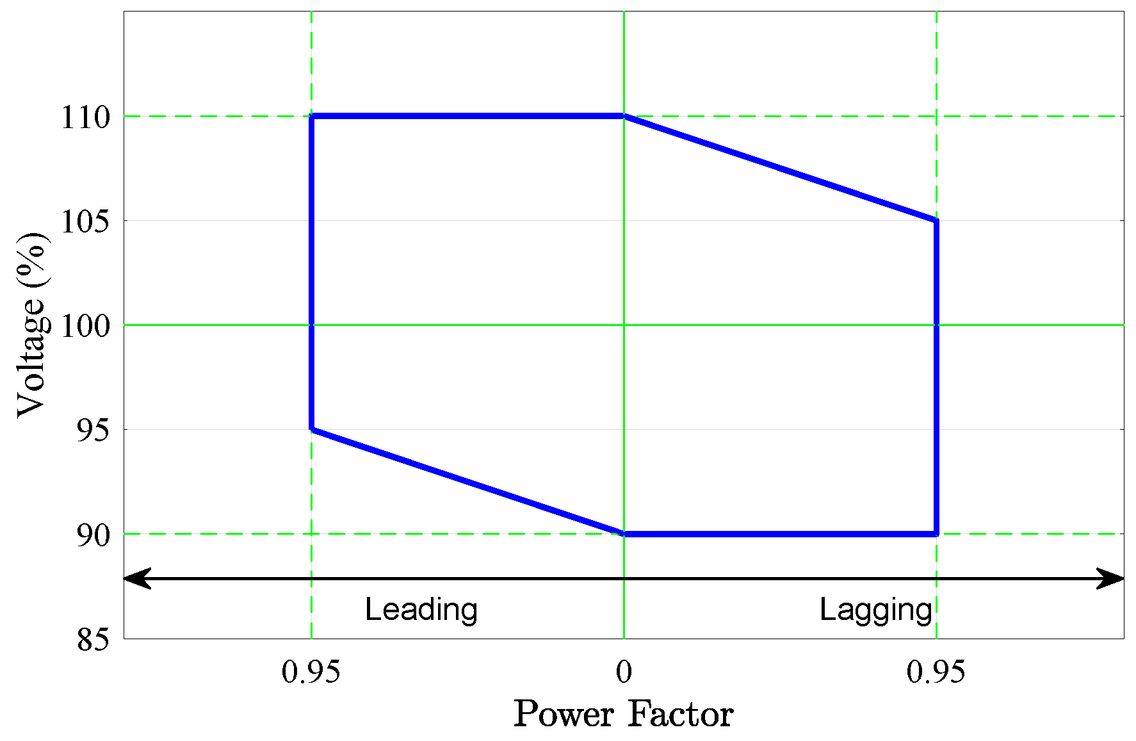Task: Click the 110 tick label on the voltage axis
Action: [x=85, y=117]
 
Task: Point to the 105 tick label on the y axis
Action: [x=85, y=222]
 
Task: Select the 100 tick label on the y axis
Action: [x=85, y=326]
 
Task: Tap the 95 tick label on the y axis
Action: [x=93, y=430]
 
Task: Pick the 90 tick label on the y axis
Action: [x=93, y=535]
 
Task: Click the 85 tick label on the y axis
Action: [x=93, y=639]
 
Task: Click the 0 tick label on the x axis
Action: [x=624, y=672]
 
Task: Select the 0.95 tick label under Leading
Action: [x=311, y=672]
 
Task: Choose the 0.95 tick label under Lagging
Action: [x=936, y=672]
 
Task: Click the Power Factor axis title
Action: [x=623, y=714]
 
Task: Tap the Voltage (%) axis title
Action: [x=32, y=325]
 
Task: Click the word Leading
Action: [x=421, y=610]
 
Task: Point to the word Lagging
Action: [x=875, y=610]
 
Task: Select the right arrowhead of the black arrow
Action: [x=1112, y=578]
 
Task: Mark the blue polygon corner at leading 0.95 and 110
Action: [x=312, y=117]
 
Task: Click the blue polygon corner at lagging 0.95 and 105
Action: [x=936, y=221]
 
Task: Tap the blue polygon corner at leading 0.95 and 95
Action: [x=312, y=429]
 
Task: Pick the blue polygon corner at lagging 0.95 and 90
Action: [x=936, y=533]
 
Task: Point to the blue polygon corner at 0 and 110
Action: [x=624, y=117]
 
